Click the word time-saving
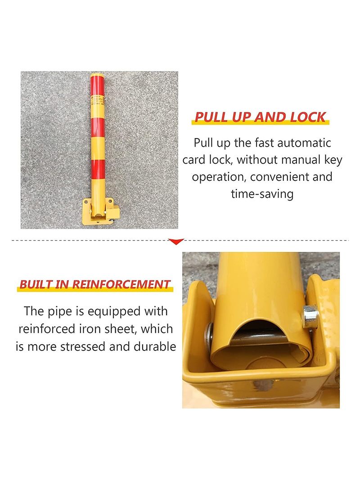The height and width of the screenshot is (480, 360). pyautogui.click(x=262, y=194)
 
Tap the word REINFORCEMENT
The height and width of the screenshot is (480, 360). pyautogui.click(x=121, y=284)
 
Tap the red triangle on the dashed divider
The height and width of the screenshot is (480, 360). pyautogui.click(x=176, y=242)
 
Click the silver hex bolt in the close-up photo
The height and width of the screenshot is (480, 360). pyautogui.click(x=310, y=317)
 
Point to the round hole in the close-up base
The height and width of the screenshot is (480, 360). pyautogui.click(x=261, y=385)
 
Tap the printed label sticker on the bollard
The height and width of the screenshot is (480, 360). pyautogui.click(x=98, y=102)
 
